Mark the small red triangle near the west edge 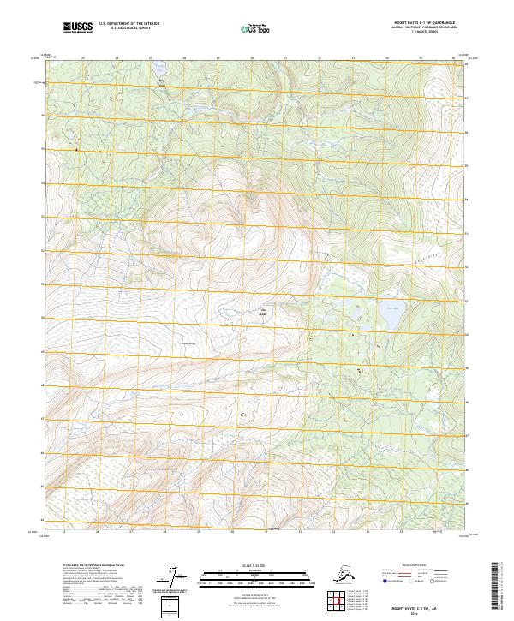[76, 150]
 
